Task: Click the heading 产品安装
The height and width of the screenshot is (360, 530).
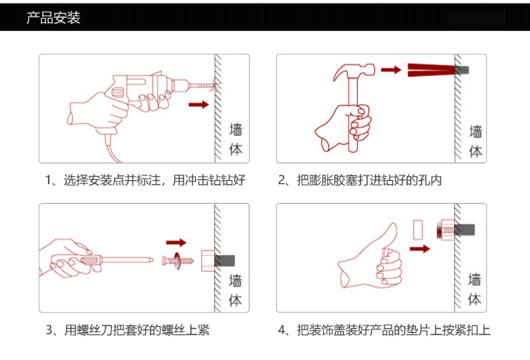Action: [x=54, y=18]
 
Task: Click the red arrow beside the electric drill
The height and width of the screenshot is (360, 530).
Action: [x=198, y=104]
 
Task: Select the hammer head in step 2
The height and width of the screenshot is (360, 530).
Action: [x=354, y=72]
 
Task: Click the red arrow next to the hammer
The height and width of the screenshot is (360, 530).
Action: [x=391, y=70]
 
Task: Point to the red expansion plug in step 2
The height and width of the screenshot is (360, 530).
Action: [x=431, y=70]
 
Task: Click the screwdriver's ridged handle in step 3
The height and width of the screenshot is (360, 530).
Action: [x=90, y=260]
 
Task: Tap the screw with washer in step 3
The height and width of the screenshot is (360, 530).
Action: [x=178, y=260]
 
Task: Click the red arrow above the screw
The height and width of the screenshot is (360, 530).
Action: [x=176, y=242]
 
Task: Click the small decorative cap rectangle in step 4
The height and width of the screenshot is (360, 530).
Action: [x=418, y=230]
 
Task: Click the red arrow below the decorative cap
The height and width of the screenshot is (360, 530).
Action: [x=419, y=249]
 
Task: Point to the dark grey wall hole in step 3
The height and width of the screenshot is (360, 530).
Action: [x=225, y=261]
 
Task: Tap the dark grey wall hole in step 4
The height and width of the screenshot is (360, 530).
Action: [x=465, y=230]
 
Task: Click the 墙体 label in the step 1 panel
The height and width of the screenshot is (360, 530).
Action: [x=236, y=139]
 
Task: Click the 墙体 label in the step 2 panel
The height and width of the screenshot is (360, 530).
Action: [x=476, y=141]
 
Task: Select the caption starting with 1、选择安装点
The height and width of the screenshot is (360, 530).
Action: [x=145, y=180]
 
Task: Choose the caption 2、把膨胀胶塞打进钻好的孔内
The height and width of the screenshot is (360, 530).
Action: [x=359, y=180]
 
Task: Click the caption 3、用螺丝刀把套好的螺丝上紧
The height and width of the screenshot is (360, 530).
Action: [x=128, y=330]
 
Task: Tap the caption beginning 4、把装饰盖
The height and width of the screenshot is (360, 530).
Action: [x=384, y=330]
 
